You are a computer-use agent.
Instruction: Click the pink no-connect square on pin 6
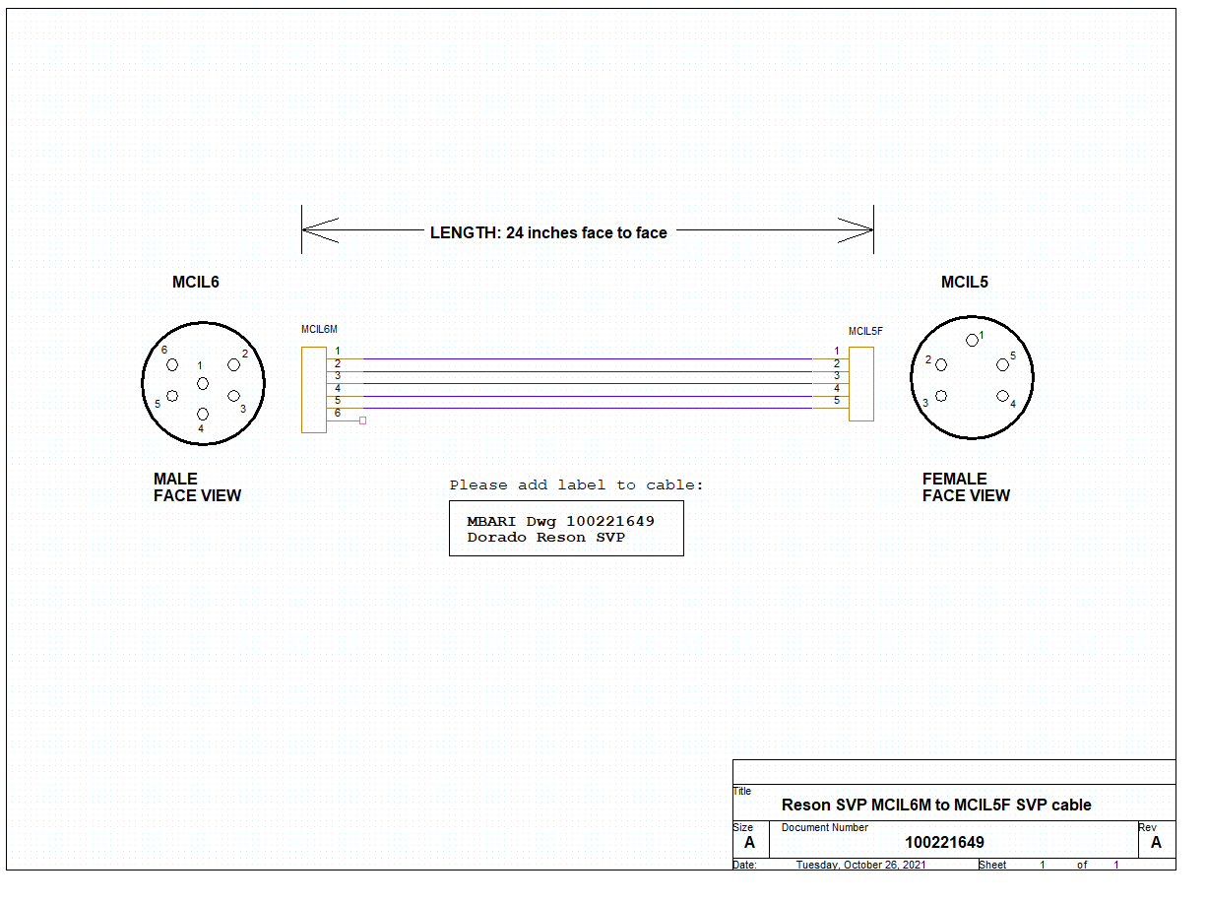(x=362, y=420)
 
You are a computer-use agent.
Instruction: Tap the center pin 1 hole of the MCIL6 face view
(x=203, y=384)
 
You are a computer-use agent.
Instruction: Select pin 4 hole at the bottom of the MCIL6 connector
(x=203, y=415)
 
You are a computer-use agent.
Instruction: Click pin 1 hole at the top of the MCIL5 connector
(x=972, y=341)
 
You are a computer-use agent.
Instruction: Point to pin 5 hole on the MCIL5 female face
(x=1002, y=365)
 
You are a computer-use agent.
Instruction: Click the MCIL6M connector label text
(x=319, y=330)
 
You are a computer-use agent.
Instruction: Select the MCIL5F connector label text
(x=865, y=331)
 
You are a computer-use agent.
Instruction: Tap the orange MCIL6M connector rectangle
(x=313, y=390)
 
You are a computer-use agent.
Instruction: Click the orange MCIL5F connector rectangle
(x=860, y=384)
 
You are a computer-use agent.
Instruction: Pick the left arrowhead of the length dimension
(x=320, y=229)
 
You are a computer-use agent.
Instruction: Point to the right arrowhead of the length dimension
(x=856, y=229)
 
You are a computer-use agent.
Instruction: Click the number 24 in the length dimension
(x=514, y=232)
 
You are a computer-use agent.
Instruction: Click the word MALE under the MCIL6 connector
(x=175, y=479)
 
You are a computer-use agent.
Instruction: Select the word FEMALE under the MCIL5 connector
(x=955, y=479)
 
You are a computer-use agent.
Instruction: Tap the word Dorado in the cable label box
(x=496, y=538)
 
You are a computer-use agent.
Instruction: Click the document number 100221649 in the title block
(x=944, y=842)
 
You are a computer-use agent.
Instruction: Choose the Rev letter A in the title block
(x=1156, y=842)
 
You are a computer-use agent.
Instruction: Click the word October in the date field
(x=861, y=865)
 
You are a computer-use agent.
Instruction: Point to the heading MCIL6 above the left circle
(x=195, y=282)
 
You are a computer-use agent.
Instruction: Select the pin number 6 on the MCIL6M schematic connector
(x=338, y=413)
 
